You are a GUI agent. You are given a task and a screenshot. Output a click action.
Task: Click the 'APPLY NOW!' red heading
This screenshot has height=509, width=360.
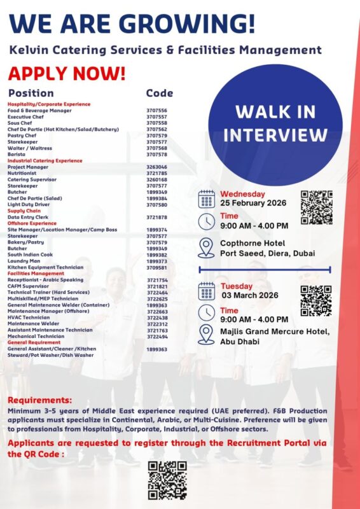click(x=67, y=74)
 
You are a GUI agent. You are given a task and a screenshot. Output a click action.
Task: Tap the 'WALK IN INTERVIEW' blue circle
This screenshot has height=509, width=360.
click(x=275, y=123)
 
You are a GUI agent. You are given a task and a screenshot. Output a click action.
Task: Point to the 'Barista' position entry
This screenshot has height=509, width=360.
click(x=17, y=154)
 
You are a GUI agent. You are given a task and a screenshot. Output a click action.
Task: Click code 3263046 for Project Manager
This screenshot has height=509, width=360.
click(x=156, y=167)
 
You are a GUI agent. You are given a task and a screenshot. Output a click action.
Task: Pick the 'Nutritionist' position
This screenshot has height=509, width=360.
click(x=23, y=173)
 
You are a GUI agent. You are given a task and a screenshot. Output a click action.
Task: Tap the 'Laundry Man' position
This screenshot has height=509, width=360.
click(x=24, y=261)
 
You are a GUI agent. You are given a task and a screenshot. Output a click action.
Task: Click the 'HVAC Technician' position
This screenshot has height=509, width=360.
click(x=29, y=317)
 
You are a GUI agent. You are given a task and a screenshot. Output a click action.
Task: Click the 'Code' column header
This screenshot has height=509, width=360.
click(x=159, y=93)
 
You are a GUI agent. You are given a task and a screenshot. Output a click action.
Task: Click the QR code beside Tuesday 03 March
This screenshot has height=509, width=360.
click(x=316, y=300)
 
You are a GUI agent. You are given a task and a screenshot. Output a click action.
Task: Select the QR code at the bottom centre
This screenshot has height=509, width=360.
click(x=167, y=480)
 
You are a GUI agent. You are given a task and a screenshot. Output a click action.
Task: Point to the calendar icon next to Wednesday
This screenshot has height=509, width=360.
click(x=207, y=199)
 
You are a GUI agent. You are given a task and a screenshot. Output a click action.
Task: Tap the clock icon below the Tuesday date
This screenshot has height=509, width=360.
click(x=207, y=313)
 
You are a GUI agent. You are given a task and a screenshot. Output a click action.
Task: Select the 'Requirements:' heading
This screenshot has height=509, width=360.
click(x=39, y=400)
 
